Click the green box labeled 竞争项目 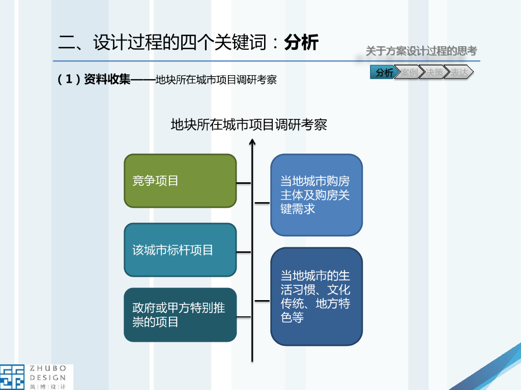pyautogui.click(x=180, y=181)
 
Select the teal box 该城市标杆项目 pyautogui.click(x=180, y=250)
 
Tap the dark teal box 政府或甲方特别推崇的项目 pyautogui.click(x=180, y=315)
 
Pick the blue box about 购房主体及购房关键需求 pyautogui.click(x=316, y=195)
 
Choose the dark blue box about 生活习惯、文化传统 pyautogui.click(x=316, y=297)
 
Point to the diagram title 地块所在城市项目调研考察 pyautogui.click(x=249, y=124)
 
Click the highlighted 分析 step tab pyautogui.click(x=384, y=73)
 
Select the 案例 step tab pyautogui.click(x=408, y=73)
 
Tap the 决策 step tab pyautogui.click(x=433, y=73)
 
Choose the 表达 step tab pyautogui.click(x=459, y=73)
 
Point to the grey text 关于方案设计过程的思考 pyautogui.click(x=421, y=51)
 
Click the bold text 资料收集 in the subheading pyautogui.click(x=107, y=79)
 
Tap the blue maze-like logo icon pyautogui.click(x=12, y=377)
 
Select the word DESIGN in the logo pyautogui.click(x=48, y=377)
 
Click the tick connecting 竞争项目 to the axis pyautogui.click(x=244, y=182)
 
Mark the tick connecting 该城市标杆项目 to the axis pyautogui.click(x=244, y=251)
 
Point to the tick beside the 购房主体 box pyautogui.click(x=262, y=202)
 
